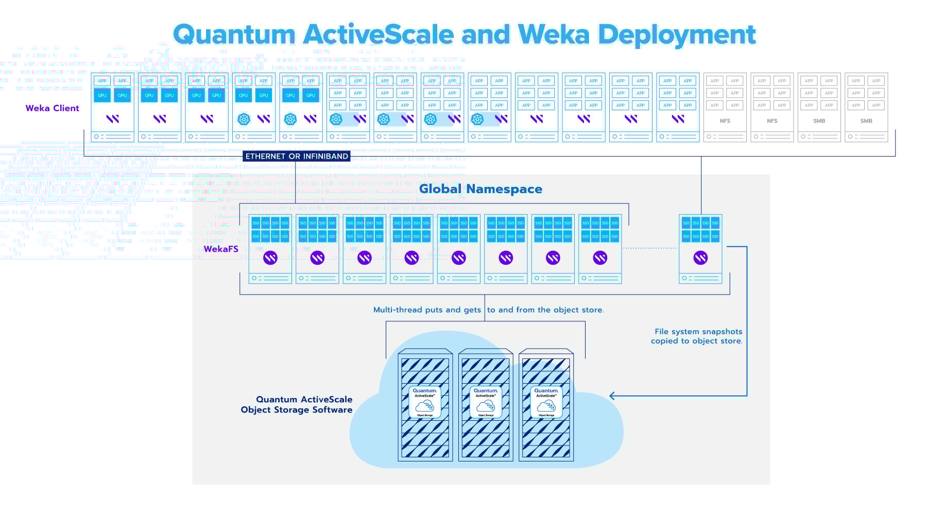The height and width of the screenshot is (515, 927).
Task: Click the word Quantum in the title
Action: (x=234, y=35)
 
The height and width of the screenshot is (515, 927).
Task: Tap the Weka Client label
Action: (x=52, y=108)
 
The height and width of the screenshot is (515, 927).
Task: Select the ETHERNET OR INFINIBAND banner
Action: (x=297, y=156)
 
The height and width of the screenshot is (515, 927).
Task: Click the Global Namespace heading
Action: (x=480, y=189)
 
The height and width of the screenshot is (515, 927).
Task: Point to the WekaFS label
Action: (x=220, y=249)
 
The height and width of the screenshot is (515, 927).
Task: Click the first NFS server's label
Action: (x=725, y=121)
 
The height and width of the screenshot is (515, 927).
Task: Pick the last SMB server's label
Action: (x=866, y=121)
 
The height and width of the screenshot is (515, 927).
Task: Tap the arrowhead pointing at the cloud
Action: (x=612, y=396)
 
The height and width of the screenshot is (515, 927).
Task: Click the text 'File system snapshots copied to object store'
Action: (x=697, y=336)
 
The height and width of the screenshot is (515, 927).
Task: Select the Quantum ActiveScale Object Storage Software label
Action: (x=297, y=405)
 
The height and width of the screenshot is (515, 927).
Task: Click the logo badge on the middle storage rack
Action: (x=486, y=402)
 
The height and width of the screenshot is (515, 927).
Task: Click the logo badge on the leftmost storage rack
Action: (x=425, y=402)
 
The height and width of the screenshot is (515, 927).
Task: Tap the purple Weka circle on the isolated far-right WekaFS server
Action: (x=700, y=257)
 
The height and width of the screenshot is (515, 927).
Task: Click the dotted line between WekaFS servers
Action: (x=650, y=248)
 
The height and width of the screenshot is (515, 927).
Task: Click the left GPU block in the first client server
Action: (x=102, y=95)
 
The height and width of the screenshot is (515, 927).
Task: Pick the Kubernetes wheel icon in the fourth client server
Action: (x=244, y=119)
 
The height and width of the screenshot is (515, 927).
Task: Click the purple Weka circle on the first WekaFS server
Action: (x=270, y=257)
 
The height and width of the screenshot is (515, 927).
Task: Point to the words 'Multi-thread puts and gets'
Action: (x=427, y=310)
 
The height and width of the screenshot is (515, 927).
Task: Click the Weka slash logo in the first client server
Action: (x=113, y=119)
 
